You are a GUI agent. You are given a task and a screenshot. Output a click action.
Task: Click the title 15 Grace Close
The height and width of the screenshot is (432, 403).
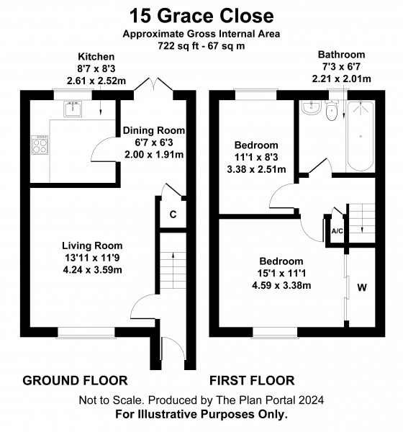pyautogui.click(x=201, y=16)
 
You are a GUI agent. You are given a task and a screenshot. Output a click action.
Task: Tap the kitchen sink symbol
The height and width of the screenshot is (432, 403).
pyautogui.click(x=73, y=109)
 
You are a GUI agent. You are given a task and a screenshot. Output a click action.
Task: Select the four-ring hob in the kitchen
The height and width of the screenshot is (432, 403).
pyautogui.click(x=40, y=145)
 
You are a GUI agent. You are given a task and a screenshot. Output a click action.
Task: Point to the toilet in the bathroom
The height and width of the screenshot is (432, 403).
pyautogui.click(x=332, y=110)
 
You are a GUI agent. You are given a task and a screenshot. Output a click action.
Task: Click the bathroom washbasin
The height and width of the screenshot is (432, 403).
pyautogui.click(x=312, y=107)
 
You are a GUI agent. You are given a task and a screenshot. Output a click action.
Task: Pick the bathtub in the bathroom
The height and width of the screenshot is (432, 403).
pyautogui.click(x=361, y=136)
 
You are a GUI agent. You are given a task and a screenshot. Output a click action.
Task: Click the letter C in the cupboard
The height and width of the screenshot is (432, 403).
pyautogui.click(x=173, y=215)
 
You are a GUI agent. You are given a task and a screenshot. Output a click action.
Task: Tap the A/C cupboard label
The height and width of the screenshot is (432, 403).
pyautogui.click(x=338, y=231)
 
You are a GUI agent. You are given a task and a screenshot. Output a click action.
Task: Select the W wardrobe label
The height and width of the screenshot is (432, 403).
pyautogui.click(x=362, y=287)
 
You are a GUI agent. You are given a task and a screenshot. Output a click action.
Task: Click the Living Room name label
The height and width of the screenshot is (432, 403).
pyautogui.click(x=92, y=246)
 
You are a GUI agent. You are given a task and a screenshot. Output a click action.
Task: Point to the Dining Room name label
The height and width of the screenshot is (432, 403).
pyautogui.click(x=154, y=130)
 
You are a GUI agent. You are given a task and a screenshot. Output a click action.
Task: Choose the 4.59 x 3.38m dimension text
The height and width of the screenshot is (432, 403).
pyautogui.click(x=281, y=285)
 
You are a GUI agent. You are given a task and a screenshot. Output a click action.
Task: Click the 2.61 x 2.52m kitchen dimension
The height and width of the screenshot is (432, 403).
pyautogui.click(x=96, y=81)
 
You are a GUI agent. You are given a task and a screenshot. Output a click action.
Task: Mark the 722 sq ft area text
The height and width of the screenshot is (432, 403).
pyautogui.click(x=178, y=46)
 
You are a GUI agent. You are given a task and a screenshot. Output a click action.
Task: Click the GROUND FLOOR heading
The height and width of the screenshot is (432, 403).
pyautogui.click(x=75, y=381)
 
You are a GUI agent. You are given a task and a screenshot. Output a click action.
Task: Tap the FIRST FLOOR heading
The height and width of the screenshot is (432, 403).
pyautogui.click(x=252, y=381)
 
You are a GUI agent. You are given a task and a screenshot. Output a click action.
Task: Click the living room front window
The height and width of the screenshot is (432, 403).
pyautogui.click(x=86, y=333)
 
